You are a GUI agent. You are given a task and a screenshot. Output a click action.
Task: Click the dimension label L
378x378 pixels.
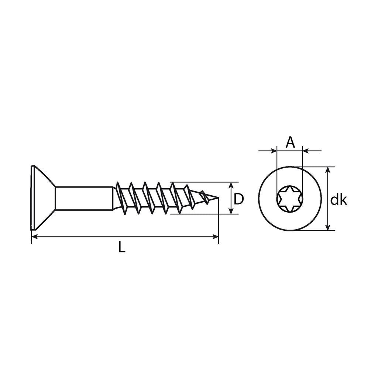[122, 247]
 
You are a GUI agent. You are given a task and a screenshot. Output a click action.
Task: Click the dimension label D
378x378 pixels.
[239, 199]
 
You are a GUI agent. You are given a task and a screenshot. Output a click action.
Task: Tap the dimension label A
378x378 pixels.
[290, 142]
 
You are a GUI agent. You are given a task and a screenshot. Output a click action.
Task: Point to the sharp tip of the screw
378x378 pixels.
[219, 198]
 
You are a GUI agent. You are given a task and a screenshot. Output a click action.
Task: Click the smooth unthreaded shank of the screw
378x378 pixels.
[84, 198]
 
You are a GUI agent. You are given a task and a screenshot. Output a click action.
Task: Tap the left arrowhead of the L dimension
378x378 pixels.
[35, 237]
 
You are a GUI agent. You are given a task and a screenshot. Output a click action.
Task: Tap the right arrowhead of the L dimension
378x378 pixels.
[215, 237]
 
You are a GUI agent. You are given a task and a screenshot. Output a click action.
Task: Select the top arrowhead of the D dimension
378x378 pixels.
[231, 185]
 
